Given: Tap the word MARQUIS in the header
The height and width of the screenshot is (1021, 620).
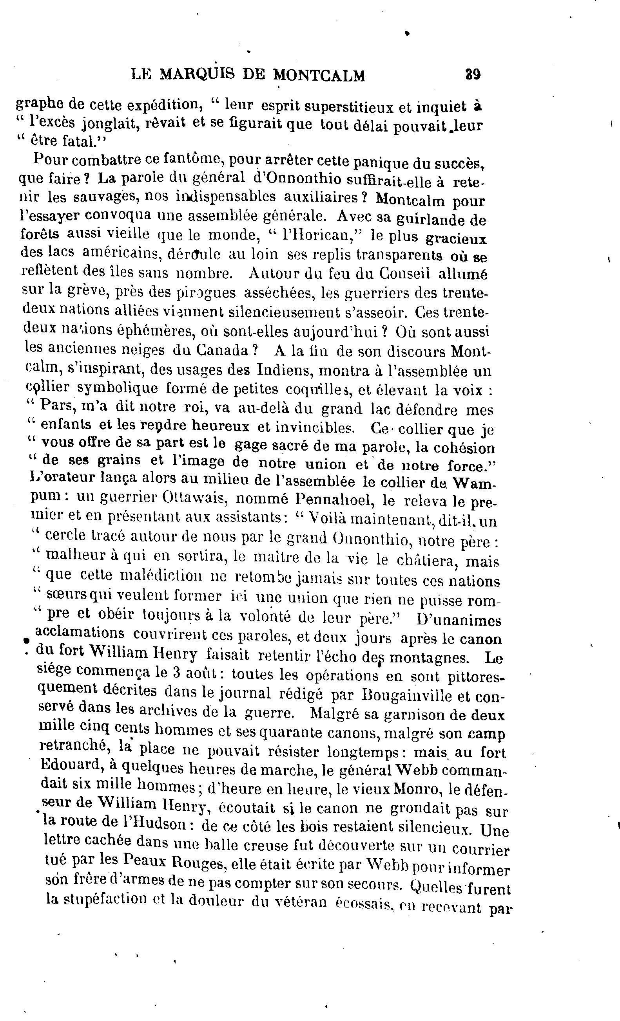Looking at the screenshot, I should coord(197,75).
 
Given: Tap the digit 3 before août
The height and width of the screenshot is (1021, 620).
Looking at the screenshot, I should coord(177,673).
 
